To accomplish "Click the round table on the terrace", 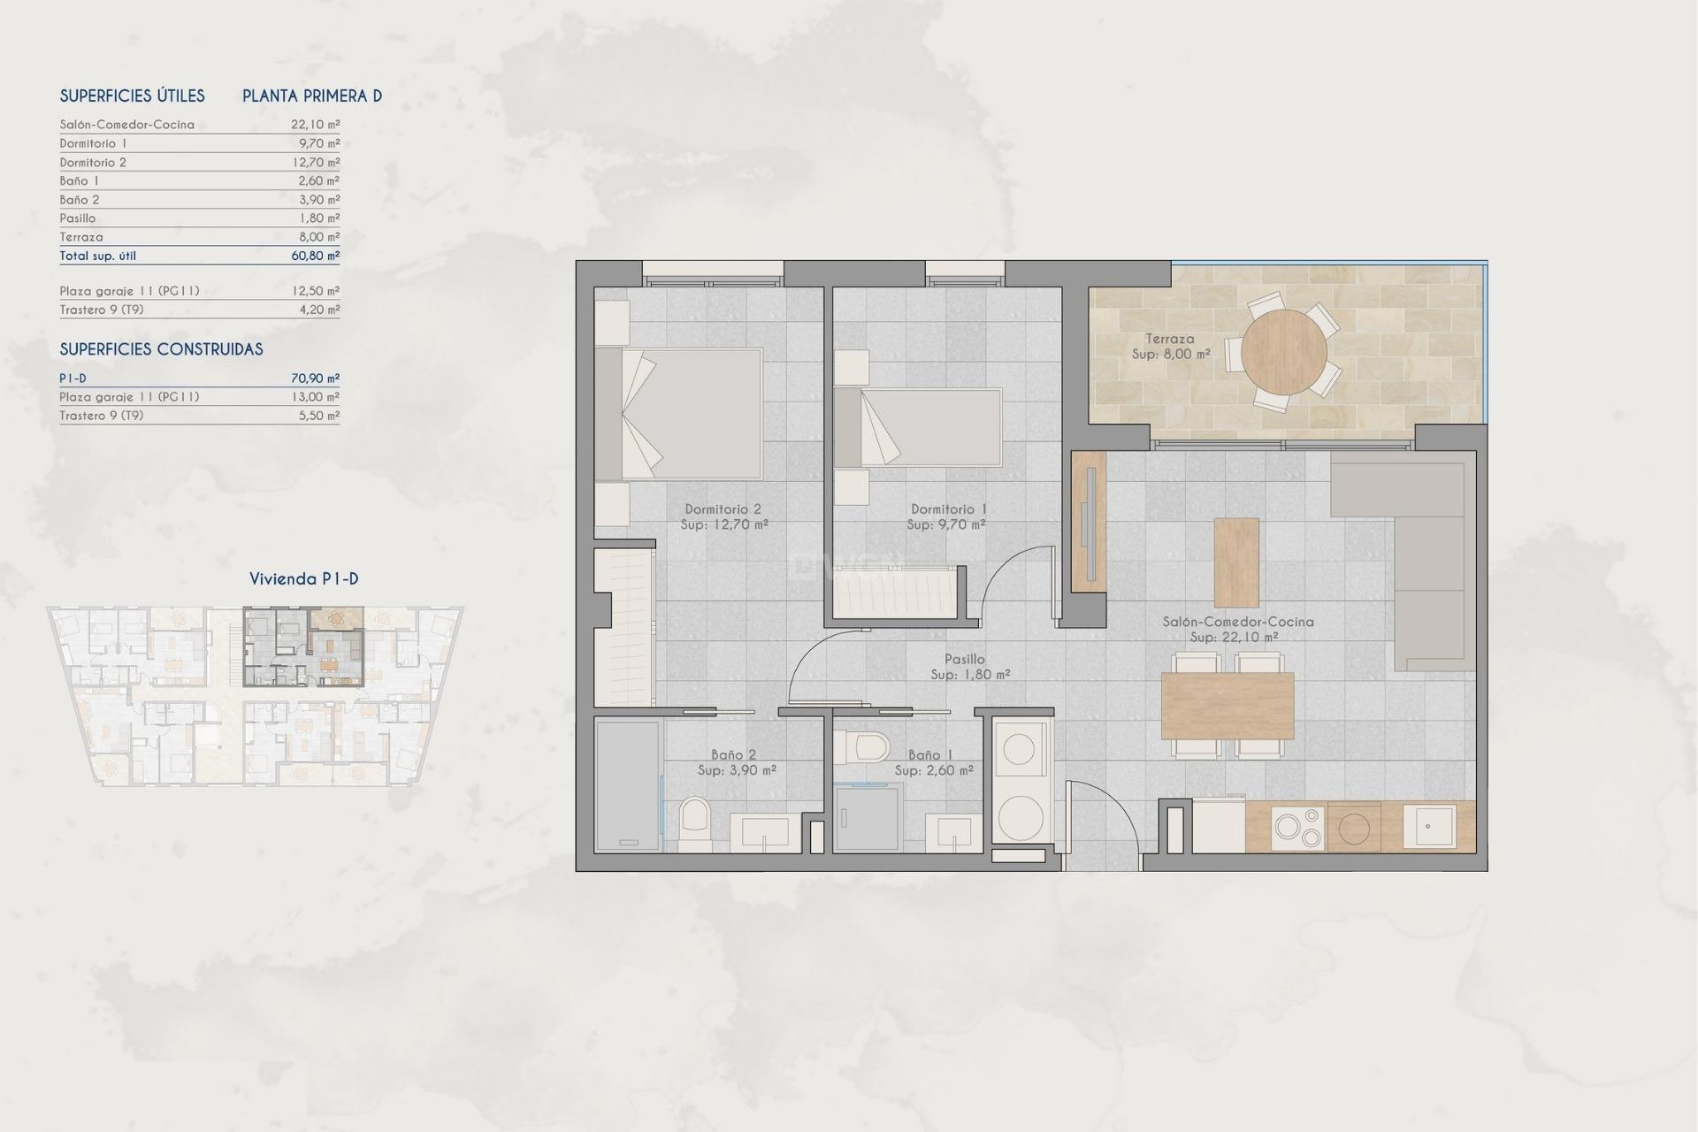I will click(1283, 351).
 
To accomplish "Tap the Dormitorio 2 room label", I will click(723, 509).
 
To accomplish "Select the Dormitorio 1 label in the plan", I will click(948, 509).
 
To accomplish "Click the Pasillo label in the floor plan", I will click(964, 659).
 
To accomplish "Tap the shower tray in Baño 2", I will click(627, 785).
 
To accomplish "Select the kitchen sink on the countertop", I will click(1429, 826).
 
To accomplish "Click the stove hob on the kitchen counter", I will click(1297, 828).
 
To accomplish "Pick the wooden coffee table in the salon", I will click(1236, 562).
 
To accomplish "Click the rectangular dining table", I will click(1227, 706).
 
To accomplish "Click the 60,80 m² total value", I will click(315, 256).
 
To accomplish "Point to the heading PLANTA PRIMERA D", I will click(312, 96).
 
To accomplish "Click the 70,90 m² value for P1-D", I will click(315, 379).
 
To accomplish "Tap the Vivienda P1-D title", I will click(303, 579).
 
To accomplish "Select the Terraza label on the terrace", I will click(1169, 339).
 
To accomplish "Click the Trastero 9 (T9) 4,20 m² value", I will click(318, 310).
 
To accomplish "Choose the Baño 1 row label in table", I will click(80, 180).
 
